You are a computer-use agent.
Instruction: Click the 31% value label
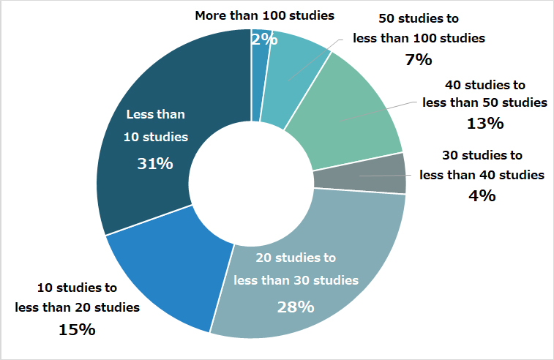(155, 164)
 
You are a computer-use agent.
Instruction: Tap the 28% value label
(295, 307)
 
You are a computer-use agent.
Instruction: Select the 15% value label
(77, 329)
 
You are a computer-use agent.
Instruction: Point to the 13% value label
(484, 124)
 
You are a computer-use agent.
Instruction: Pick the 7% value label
(418, 60)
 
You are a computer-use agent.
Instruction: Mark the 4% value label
(482, 195)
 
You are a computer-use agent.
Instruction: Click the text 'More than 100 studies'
(264, 15)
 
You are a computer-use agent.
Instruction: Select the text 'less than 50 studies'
(484, 102)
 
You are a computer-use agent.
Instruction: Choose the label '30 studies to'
(482, 155)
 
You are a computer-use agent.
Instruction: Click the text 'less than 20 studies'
(78, 307)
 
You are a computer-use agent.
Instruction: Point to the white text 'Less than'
(156, 114)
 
